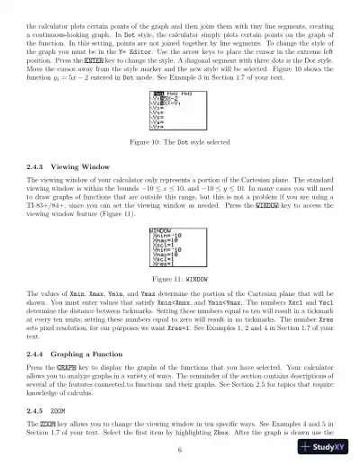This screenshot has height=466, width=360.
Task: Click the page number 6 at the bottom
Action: pyautogui.click(x=180, y=449)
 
